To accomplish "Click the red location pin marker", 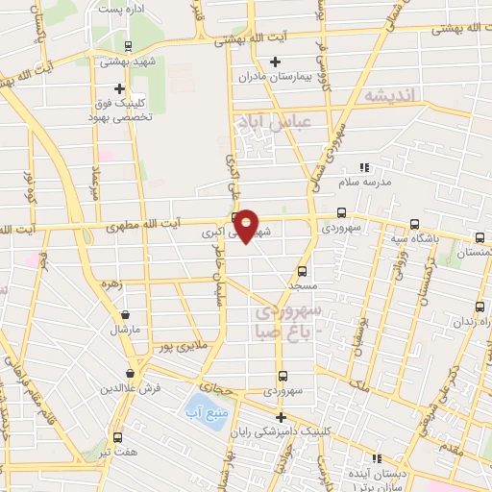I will click(247, 225).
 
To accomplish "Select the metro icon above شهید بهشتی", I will click(130, 45).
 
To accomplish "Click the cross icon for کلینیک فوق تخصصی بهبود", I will click(119, 88).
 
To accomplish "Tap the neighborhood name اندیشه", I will click(392, 96).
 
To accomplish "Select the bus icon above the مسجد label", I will click(303, 272).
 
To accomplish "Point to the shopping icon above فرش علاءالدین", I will click(129, 374).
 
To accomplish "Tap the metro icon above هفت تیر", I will click(117, 436).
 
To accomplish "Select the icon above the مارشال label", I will click(124, 313).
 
